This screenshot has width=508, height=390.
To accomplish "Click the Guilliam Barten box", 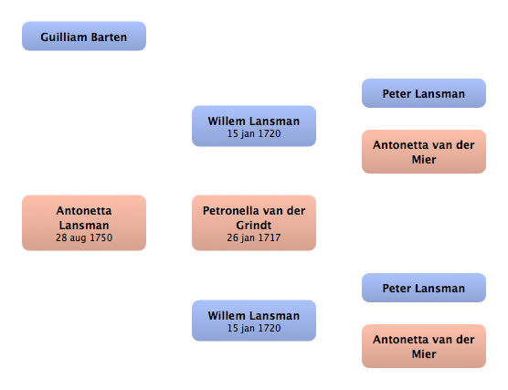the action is coord(84,36).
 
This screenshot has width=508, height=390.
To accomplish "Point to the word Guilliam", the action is coord(64,37).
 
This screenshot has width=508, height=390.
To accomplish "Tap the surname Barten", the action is coord(109,37).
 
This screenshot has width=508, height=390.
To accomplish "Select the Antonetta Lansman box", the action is coord(84,223).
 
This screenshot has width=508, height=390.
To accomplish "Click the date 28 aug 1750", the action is coord(84,237).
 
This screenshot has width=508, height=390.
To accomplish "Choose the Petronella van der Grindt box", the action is coord(254,223).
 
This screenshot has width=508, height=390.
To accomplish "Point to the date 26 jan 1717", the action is coord(254,237).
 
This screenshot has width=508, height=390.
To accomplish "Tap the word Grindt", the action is coord(254,225).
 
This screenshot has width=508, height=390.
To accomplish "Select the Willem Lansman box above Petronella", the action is coord(254,126).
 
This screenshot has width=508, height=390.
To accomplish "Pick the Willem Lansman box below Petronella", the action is coord(254,321).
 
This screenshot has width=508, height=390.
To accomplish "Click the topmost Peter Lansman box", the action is coord(424,93).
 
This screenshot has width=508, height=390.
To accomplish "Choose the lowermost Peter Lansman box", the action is coord(424,288).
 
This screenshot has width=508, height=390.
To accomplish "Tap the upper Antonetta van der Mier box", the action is coord(424,152).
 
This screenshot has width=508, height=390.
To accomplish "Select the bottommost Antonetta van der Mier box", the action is coord(424,346).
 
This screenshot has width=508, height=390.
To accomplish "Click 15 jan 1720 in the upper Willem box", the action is coord(254,133).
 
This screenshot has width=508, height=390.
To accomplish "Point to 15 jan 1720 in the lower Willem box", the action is coord(254,328).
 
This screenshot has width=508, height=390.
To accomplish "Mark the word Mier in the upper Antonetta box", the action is coord(424,159).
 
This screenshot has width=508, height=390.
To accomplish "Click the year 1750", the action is coord(101,237).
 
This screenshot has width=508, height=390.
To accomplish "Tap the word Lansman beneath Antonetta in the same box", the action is coord(84,225).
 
